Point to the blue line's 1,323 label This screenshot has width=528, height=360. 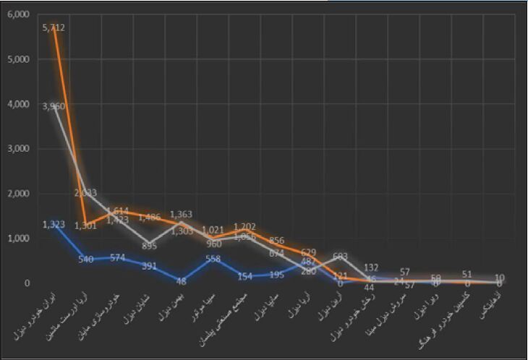55,224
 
